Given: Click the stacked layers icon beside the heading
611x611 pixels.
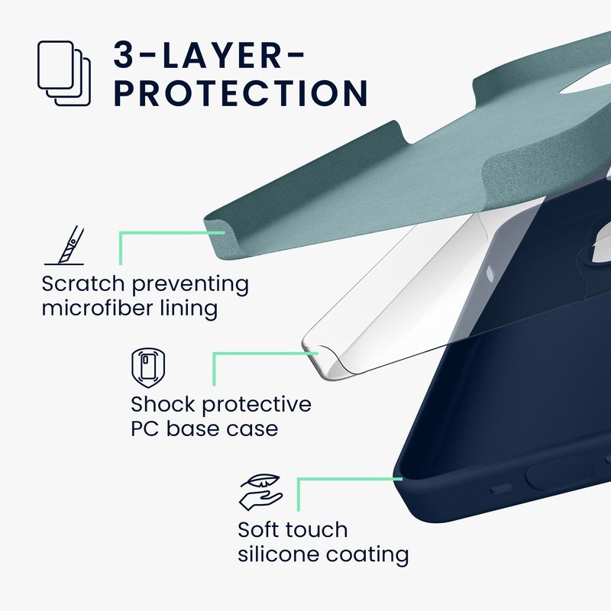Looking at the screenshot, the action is pos(64,73).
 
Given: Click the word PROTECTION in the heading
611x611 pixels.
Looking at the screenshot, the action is pos(241,93).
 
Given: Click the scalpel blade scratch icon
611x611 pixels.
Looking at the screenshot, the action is pos(64,245).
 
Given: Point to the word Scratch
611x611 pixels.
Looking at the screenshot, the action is pos(83,283).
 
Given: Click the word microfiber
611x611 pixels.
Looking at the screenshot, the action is pos(98,308).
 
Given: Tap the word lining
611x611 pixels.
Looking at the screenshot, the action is pos(189,309).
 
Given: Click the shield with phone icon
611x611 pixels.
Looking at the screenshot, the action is pos(148,368).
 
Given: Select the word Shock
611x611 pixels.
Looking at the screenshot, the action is pos(163,404).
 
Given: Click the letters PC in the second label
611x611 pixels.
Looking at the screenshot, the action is pos(144,428).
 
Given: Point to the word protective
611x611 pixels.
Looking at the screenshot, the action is pos(257,405).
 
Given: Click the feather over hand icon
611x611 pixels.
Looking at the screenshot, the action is pos(260,492).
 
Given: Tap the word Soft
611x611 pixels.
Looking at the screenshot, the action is pos(260,529).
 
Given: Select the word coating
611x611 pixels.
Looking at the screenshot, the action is pos(367,555).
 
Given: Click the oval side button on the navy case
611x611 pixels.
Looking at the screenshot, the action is pos(559,473).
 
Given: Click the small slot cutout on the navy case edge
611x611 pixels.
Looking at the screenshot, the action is pos(501,488).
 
